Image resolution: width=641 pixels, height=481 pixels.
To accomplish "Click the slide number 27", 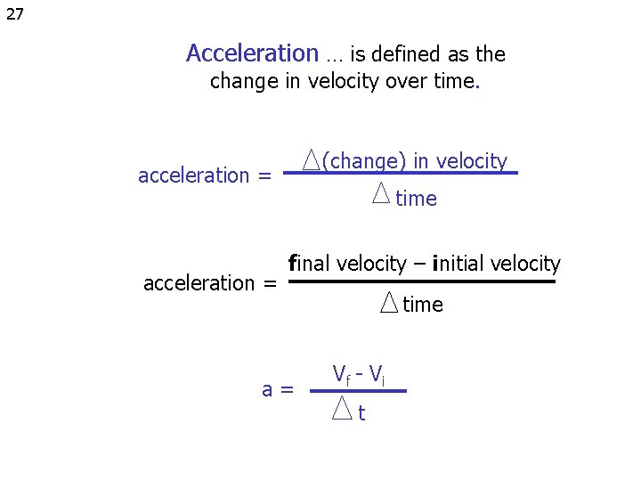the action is click(14, 13).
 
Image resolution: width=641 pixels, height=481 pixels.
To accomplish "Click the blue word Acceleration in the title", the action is click(252, 54).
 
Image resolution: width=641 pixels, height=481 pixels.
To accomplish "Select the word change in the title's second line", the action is click(243, 83).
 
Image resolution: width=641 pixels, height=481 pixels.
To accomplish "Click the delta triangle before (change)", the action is click(311, 159).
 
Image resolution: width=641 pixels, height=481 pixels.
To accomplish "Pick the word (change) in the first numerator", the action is click(364, 161).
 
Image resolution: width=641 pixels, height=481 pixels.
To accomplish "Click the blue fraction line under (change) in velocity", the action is click(401, 173).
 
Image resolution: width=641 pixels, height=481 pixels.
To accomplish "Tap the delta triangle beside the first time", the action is click(381, 192).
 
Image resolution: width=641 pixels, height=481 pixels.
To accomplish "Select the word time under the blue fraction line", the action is click(417, 199).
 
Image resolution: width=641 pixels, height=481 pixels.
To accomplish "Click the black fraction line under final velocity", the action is click(422, 281).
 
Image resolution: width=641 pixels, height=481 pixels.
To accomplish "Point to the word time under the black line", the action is click(423, 305).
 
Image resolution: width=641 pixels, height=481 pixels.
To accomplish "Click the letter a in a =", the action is click(267, 389).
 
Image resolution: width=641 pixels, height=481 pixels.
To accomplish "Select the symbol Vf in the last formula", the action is click(342, 373).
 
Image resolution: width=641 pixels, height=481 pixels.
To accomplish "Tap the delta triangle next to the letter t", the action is click(343, 408).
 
